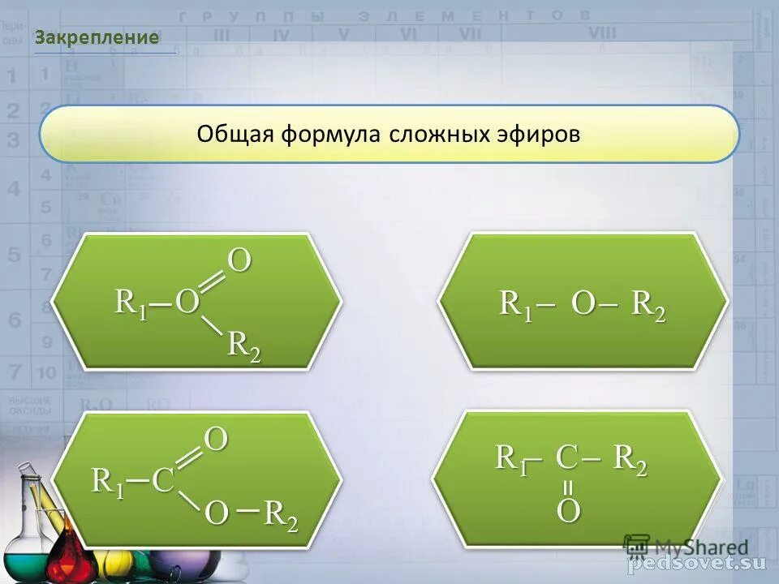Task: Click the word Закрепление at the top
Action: (97, 37)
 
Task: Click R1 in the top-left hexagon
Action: (131, 303)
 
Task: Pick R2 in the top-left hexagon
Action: (243, 345)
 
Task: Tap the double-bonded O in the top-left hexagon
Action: (239, 261)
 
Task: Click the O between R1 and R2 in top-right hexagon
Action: (583, 304)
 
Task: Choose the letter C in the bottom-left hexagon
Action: (162, 481)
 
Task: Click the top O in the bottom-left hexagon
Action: (216, 440)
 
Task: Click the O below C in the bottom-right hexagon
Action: (568, 511)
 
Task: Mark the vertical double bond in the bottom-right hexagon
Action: (568, 487)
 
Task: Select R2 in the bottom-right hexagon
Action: (630, 460)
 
